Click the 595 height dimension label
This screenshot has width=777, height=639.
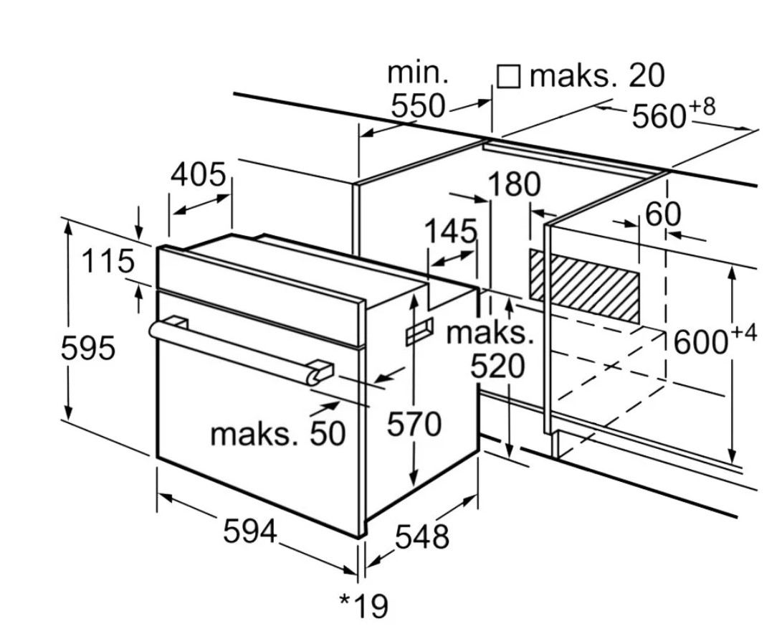click(x=87, y=349)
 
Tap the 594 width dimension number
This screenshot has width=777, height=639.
click(x=249, y=531)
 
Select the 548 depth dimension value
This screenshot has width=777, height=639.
click(x=422, y=536)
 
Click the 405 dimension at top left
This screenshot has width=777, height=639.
click(x=199, y=174)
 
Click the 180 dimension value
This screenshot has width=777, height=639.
click(x=514, y=184)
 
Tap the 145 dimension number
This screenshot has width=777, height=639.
click(x=450, y=232)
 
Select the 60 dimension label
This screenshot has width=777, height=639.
click(x=663, y=214)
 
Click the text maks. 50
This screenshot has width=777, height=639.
click(x=278, y=432)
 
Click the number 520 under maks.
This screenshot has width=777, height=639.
click(x=497, y=367)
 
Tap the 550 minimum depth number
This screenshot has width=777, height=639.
click(x=418, y=106)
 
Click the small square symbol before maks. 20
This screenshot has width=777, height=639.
click(x=508, y=76)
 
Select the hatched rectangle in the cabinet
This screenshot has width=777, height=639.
click(x=584, y=285)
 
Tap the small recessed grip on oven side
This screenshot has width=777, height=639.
click(x=419, y=332)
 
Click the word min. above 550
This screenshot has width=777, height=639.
click(x=418, y=72)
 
